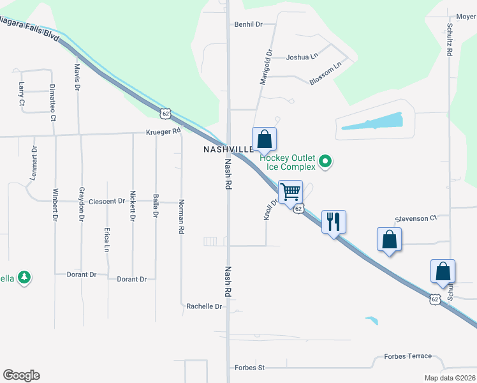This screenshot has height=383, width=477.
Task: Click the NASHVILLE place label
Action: (x=228, y=149)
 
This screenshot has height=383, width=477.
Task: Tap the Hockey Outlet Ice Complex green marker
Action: (x=326, y=162)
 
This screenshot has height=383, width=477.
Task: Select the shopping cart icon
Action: (x=290, y=191)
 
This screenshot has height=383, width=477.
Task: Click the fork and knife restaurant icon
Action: (x=334, y=222)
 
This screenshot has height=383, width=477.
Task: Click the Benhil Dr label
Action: (x=249, y=24)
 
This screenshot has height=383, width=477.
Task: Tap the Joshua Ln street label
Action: (x=302, y=57)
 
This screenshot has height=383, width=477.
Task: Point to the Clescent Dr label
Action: (x=106, y=201)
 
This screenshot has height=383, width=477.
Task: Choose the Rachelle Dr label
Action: (x=204, y=306)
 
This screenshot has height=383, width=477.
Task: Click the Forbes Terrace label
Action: (x=408, y=356)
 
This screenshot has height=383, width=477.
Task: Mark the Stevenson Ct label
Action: (x=416, y=218)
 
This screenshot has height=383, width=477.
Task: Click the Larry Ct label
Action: (x=22, y=93)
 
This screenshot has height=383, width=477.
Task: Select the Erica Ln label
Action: (x=106, y=239)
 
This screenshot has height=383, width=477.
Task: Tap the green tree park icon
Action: (x=24, y=278)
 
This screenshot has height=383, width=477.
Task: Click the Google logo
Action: (x=21, y=375)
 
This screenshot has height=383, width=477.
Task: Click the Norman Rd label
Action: (x=181, y=216)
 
